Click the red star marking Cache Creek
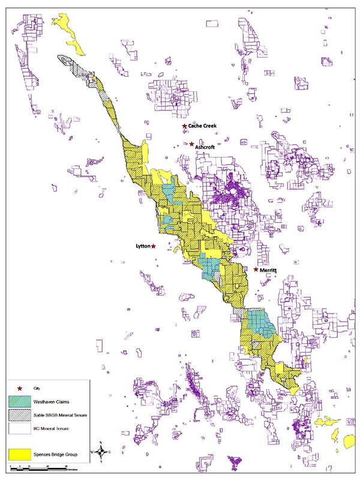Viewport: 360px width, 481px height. (x=184, y=126)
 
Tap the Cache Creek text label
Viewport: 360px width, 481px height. (x=202, y=126)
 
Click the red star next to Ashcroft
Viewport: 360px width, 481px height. (x=191, y=144)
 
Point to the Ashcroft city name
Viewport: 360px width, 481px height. (x=205, y=146)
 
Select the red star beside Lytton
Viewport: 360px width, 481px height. (x=154, y=246)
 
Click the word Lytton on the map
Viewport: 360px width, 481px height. (x=142, y=246)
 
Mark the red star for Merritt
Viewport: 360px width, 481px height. (x=256, y=270)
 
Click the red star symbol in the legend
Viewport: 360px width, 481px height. (x=20, y=389)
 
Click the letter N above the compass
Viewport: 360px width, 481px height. (x=101, y=442)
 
